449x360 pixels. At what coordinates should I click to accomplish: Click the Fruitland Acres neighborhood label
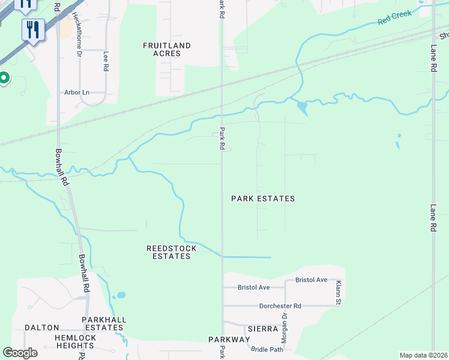(167, 49)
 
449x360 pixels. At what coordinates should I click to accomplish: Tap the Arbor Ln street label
(77, 92)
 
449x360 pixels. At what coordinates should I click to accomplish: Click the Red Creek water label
(394, 17)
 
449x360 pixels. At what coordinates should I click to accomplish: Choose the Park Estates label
(263, 199)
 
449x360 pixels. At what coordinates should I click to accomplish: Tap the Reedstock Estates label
(169, 252)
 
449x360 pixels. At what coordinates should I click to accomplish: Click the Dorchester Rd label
(280, 306)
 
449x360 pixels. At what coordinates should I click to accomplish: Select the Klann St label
(339, 292)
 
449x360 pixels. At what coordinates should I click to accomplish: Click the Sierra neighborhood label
(262, 329)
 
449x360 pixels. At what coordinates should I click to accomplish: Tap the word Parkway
(229, 340)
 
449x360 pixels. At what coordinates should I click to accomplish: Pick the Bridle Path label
(267, 349)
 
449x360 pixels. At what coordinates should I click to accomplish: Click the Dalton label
(41, 328)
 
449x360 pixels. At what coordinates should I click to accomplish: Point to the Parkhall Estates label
(103, 323)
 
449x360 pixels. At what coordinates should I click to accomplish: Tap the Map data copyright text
(423, 355)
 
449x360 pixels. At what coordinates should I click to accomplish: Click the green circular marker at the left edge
(3, 78)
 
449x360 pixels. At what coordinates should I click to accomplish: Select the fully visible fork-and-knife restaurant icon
(33, 29)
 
